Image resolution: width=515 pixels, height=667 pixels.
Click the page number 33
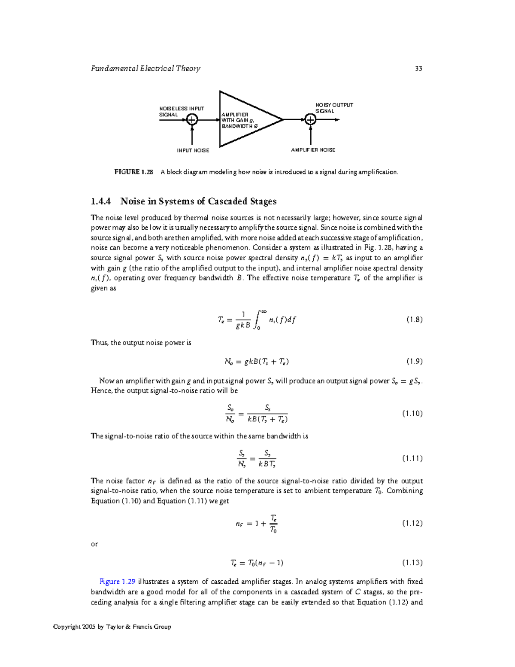coord(418,69)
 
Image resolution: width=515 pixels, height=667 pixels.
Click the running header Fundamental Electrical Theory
coord(145,69)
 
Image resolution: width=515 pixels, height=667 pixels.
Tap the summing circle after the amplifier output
coord(310,119)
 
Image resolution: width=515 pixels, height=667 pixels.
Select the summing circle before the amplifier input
coord(192,120)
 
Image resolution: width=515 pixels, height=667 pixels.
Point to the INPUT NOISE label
coord(193,150)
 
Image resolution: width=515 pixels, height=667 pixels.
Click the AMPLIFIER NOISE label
coord(313,150)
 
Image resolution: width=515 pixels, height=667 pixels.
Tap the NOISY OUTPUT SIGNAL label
coord(334,108)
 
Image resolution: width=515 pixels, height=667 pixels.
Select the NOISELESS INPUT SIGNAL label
coord(182,112)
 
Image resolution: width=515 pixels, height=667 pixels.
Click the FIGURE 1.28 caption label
coord(133,172)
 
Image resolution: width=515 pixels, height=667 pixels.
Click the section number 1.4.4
coord(101,201)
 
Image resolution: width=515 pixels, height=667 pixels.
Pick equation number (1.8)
coord(414,320)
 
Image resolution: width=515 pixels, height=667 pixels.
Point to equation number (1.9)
coord(414,361)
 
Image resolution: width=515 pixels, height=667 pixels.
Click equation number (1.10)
coord(412,414)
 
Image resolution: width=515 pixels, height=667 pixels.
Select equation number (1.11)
coord(412,458)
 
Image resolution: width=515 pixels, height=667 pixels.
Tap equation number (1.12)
coord(412,523)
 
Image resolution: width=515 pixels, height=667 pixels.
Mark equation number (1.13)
coord(412,563)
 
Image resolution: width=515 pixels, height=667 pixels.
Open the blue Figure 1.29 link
coord(118,582)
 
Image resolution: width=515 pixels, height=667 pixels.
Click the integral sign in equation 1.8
coord(257,320)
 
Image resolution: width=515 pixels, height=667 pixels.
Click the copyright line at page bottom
coord(112,627)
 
